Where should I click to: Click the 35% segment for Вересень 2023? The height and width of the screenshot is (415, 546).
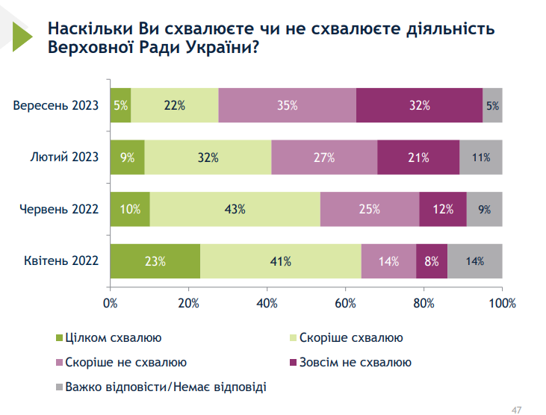(x=288, y=105)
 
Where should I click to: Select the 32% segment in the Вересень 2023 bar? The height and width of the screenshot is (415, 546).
(x=420, y=105)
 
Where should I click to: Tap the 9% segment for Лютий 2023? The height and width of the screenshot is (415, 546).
(x=127, y=157)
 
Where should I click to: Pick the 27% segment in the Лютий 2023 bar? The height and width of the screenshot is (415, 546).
(x=324, y=157)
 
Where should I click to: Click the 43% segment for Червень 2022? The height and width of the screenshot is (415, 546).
(x=235, y=209)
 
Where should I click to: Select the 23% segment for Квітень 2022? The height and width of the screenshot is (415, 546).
(x=155, y=261)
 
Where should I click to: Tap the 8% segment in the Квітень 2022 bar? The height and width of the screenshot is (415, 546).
(x=432, y=261)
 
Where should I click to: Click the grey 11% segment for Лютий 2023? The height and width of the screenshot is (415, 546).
(x=480, y=157)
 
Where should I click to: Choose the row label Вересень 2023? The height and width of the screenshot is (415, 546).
(x=56, y=106)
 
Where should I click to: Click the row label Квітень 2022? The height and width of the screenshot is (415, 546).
(x=59, y=262)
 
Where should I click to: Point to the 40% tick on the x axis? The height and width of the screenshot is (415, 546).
(x=267, y=303)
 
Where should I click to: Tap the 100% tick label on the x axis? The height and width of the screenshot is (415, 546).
(x=501, y=303)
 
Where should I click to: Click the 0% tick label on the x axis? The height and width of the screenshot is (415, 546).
(x=111, y=303)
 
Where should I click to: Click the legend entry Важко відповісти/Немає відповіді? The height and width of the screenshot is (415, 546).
(x=165, y=387)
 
